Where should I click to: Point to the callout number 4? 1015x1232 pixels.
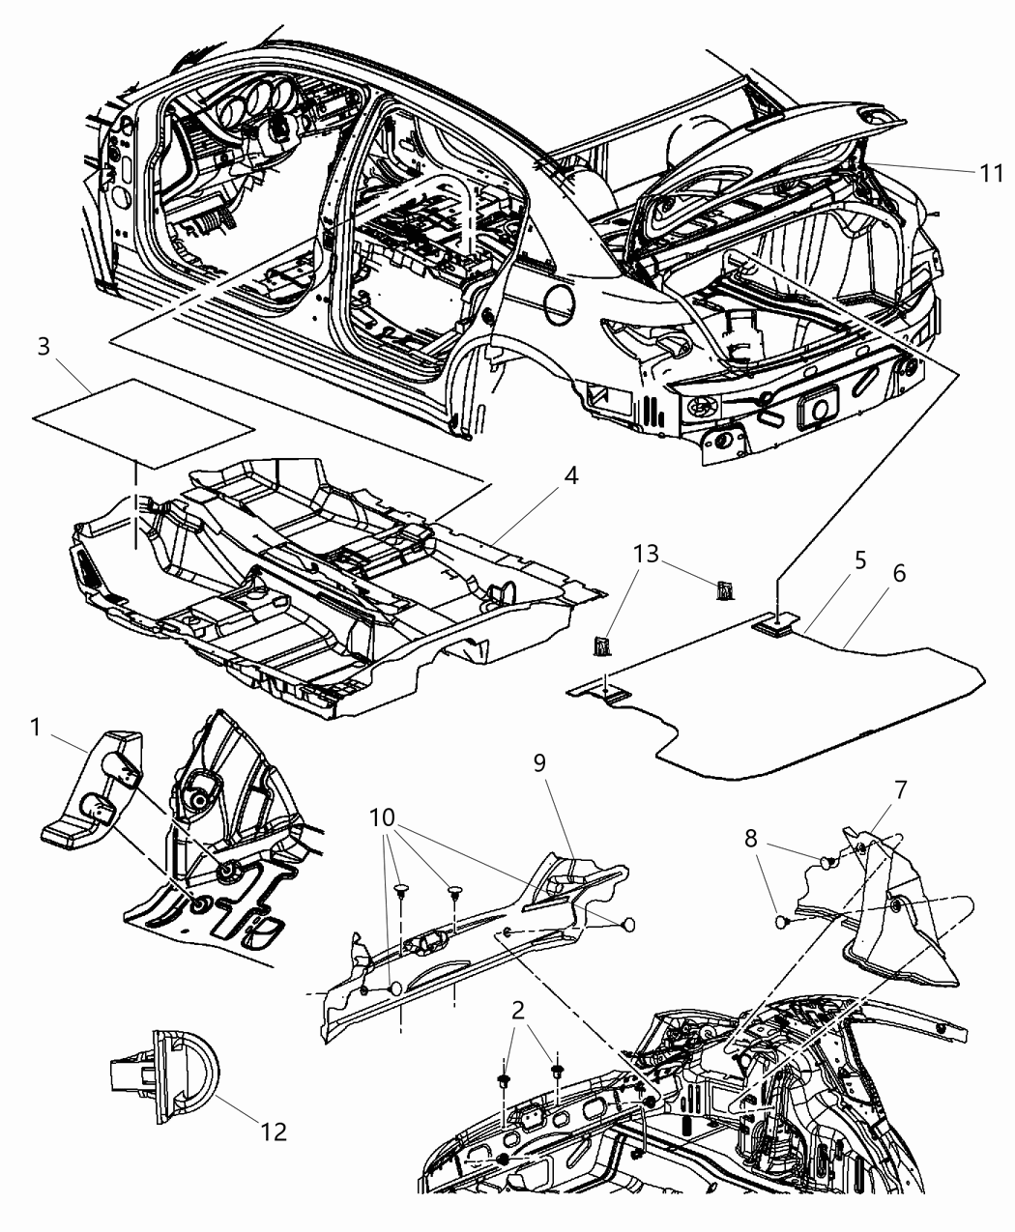point(572,476)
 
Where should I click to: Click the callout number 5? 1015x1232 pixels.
point(832,559)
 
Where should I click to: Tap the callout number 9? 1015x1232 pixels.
point(539,761)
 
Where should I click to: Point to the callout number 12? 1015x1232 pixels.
point(274,1131)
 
